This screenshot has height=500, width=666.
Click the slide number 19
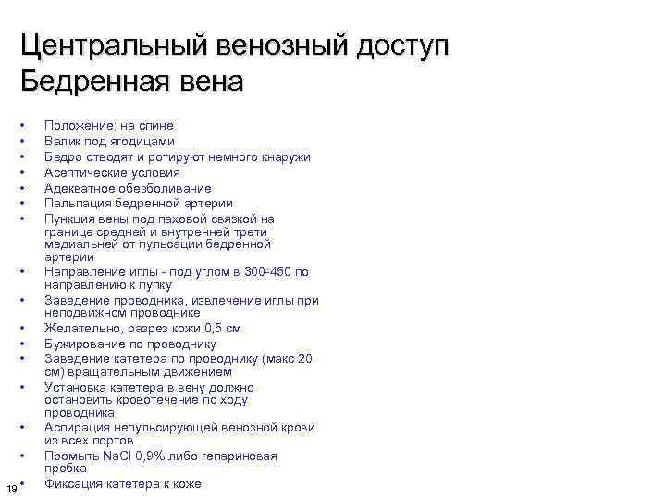10,488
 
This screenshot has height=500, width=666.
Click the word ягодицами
140,141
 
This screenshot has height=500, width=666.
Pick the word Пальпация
76,203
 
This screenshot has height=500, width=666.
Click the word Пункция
69,219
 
